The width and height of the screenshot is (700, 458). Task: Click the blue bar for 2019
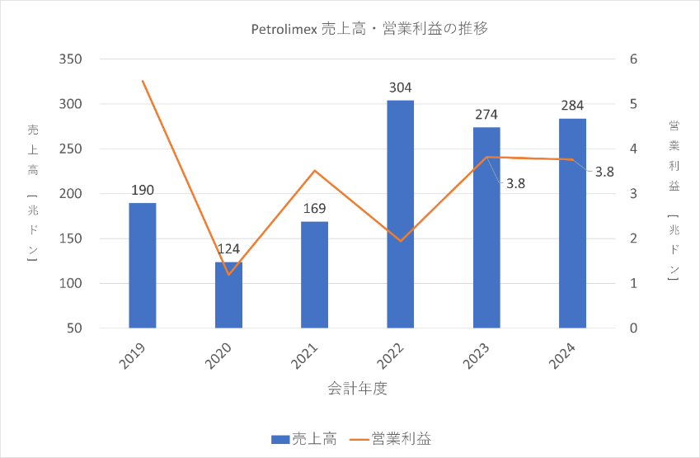143,265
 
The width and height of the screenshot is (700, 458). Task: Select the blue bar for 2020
228,295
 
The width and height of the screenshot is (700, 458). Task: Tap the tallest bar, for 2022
400,214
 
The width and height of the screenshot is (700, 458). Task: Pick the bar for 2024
572,223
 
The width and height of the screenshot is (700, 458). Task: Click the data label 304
400,87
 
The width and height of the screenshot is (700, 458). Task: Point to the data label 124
228,248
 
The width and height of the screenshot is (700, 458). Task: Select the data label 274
486,114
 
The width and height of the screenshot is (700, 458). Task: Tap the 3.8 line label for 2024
604,172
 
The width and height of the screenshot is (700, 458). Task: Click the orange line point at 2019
143,81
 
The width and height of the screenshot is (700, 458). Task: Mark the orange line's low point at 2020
228,274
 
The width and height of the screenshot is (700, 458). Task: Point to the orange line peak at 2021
314,171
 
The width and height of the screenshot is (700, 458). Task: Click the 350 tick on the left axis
72,59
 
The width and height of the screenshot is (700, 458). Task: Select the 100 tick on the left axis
72,283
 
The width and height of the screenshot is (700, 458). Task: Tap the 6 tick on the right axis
633,59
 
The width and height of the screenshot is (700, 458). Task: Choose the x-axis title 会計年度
357,388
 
